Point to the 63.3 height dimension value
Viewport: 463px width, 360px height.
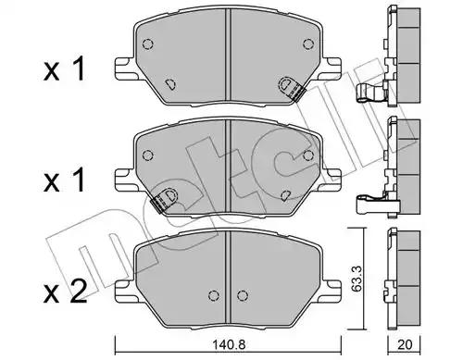[x=357, y=279]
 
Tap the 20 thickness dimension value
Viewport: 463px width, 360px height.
[x=405, y=345]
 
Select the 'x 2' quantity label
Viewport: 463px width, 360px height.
[x=65, y=291]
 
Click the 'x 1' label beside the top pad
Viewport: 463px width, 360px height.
[x=64, y=69]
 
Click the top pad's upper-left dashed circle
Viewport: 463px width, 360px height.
[x=147, y=44]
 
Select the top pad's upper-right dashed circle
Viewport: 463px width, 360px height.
[x=308, y=44]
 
